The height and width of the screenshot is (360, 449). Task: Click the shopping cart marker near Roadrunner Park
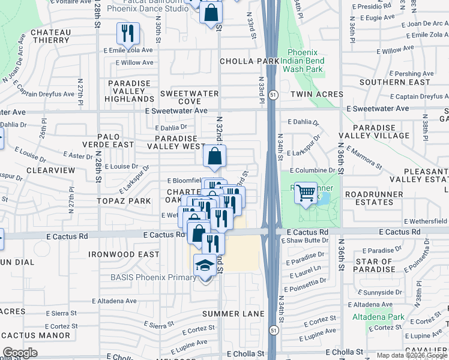tap(306, 193)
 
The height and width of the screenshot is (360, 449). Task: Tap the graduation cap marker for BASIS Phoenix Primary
tap(205, 266)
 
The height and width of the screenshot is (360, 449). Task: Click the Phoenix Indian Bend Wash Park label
tap(306, 61)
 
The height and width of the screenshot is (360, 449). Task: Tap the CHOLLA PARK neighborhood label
tap(249, 61)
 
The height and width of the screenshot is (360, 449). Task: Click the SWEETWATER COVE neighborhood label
tap(189, 98)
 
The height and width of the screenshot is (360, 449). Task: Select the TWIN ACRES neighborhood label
tap(317, 94)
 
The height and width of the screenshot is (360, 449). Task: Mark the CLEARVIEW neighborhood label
tap(55, 170)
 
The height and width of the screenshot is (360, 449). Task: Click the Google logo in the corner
tap(20, 353)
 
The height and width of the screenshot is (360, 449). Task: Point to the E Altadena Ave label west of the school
tap(114, 301)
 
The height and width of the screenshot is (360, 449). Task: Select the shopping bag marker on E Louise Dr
tap(214, 158)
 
